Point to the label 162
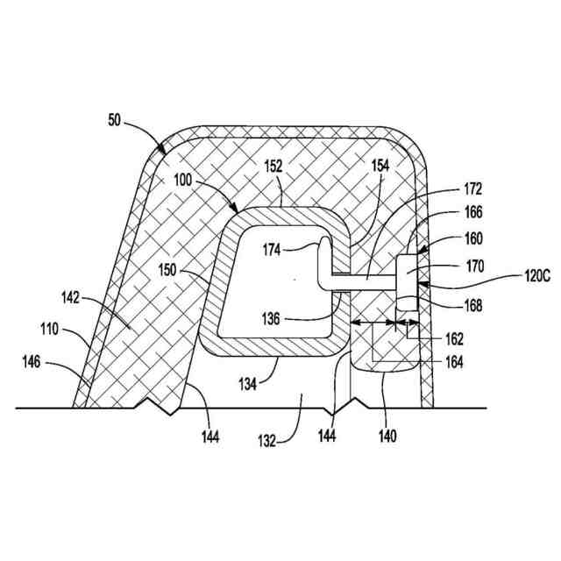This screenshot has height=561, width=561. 452,338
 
